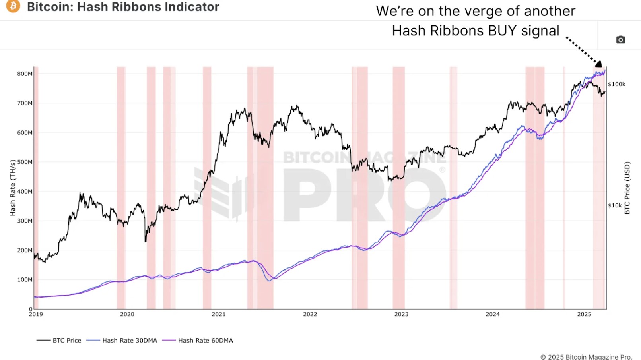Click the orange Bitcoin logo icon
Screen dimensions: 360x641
[x=13, y=6]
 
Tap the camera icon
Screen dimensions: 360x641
[x=620, y=40]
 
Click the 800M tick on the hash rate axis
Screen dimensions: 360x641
[x=25, y=74]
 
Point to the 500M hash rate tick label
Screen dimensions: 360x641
[x=25, y=162]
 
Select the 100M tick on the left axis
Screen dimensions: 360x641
[x=25, y=280]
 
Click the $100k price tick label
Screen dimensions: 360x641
[x=617, y=84]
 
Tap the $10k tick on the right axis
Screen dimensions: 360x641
[x=615, y=205]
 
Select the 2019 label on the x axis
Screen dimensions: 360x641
[x=36, y=314]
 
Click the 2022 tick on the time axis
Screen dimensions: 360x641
[x=310, y=314]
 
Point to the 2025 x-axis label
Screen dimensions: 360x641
[x=584, y=314]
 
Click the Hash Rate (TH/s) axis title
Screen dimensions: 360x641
[x=13, y=188]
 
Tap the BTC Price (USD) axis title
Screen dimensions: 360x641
[x=627, y=188]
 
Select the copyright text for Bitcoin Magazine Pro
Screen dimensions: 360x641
[x=586, y=357]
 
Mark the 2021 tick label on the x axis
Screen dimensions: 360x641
[x=219, y=314]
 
